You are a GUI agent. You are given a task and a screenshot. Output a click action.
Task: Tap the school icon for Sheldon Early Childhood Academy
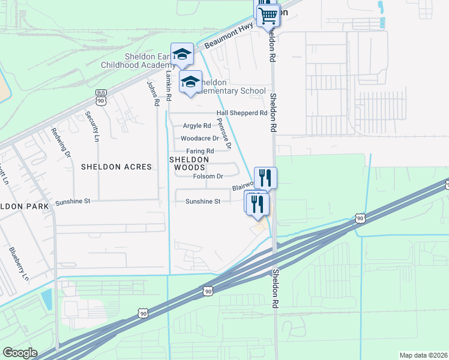pos(182,55)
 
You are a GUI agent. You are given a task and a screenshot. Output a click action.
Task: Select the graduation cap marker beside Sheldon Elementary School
pos(191,82)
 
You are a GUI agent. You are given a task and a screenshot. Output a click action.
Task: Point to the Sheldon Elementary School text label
pos(233,86)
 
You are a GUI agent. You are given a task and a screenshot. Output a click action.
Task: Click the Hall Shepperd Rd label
pos(242,113)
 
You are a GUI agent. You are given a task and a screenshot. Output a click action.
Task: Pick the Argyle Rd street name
pos(197,126)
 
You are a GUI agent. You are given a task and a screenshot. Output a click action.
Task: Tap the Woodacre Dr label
pos(196,138)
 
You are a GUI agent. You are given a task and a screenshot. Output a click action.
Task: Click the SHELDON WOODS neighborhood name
pos(189,163)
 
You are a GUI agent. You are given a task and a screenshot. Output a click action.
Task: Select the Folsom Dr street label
pos(208,176)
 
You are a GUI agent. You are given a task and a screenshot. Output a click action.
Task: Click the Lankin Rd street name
pos(169,80)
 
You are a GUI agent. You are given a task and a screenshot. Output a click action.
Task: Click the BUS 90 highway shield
pos(101,98)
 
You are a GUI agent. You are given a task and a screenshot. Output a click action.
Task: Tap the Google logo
pos(19,353)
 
